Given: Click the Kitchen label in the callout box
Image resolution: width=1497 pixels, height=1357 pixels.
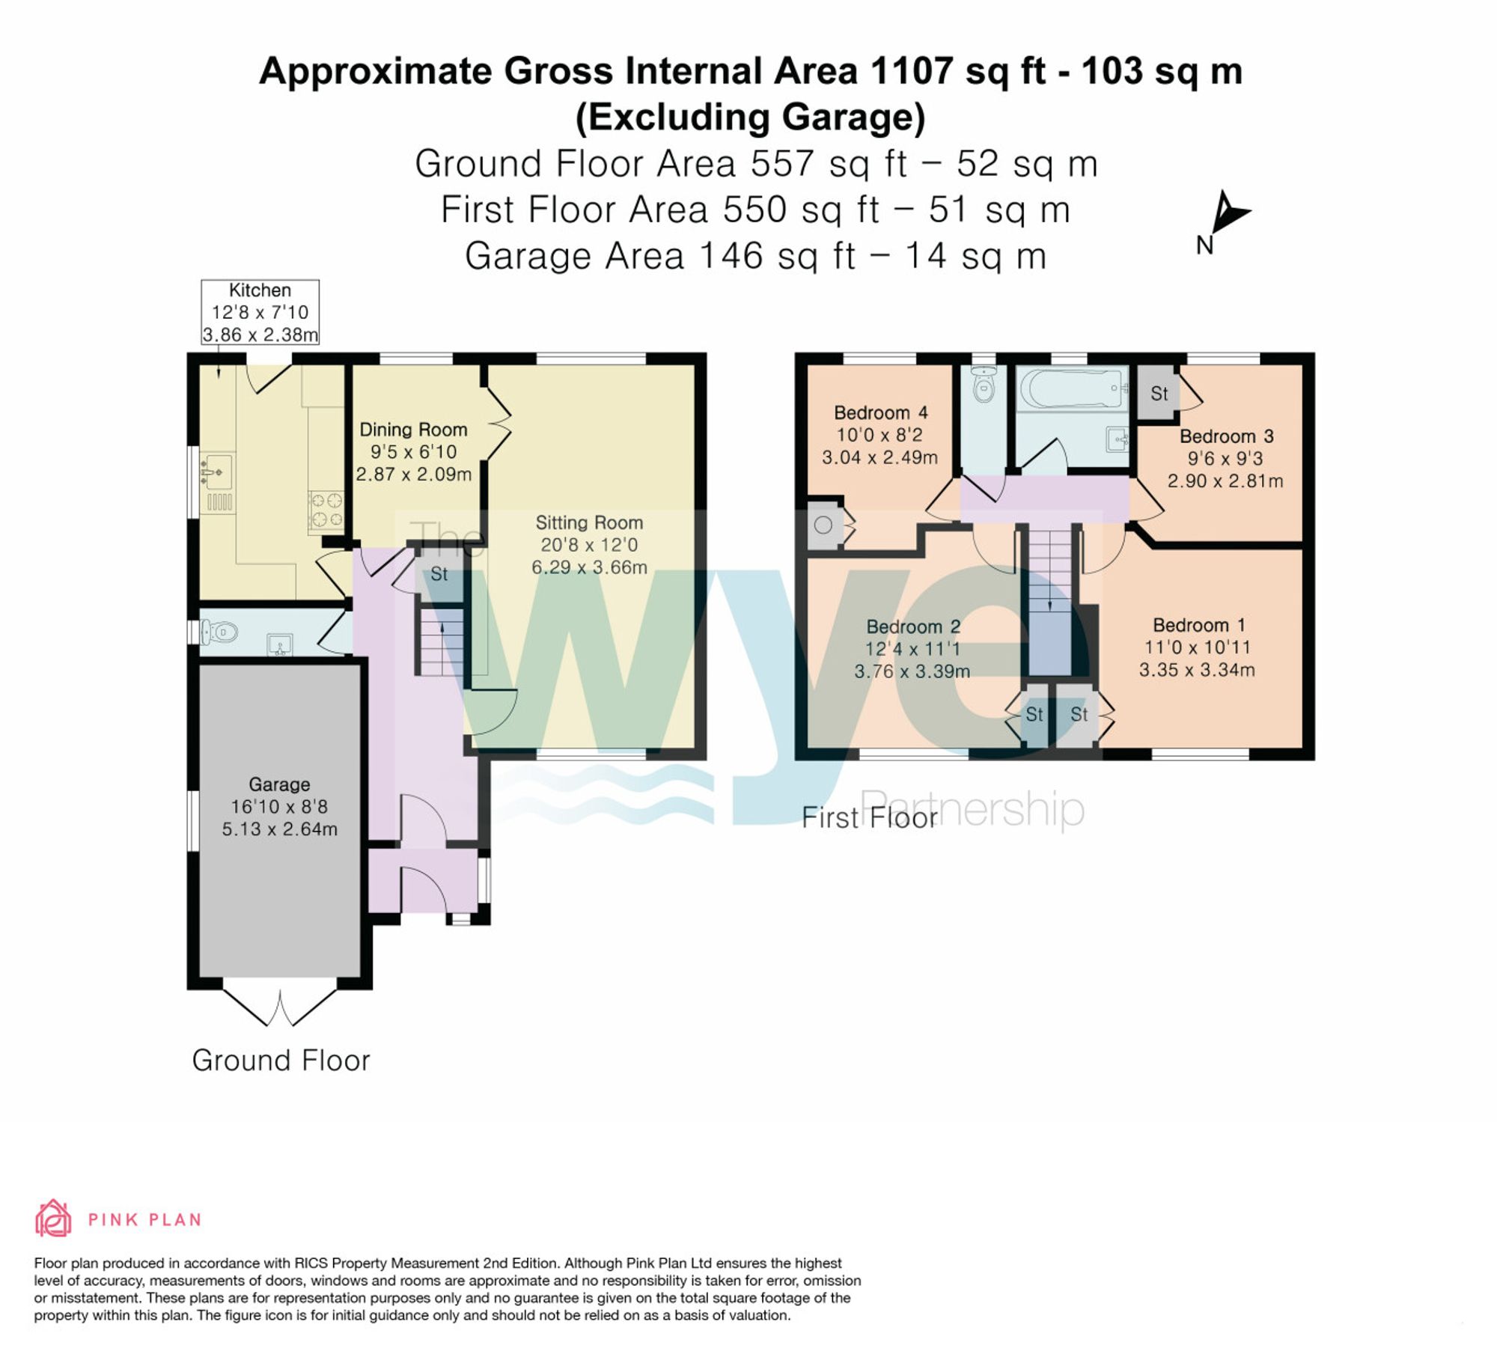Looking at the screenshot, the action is pos(260,290).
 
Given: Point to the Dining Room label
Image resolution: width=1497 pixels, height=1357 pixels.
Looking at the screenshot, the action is pos(413,430).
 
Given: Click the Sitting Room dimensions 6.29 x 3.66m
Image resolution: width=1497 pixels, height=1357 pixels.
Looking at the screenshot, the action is pos(589,567).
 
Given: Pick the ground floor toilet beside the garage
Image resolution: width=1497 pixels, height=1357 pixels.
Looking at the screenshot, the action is pos(219,633).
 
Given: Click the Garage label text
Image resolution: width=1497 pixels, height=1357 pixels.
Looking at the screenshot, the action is pos(279,784).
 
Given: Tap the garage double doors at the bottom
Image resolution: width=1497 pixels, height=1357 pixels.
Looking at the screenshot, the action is pos(280,1007).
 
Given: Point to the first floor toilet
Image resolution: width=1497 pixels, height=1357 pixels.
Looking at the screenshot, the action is pos(984,385).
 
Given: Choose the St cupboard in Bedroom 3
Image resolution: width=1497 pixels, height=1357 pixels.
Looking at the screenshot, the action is pos(1158,393).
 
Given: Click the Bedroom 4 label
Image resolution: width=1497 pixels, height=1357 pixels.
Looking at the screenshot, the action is pos(880,412).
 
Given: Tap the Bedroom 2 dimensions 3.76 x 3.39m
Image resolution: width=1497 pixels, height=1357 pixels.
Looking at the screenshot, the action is pos(912,671).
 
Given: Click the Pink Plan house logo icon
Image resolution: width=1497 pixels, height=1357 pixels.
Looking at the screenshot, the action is pos(53,1219).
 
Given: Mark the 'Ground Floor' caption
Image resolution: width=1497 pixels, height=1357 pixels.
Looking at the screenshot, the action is pos(281,1061).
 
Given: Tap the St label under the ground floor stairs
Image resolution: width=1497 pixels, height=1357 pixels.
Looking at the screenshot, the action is pos(439,574).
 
